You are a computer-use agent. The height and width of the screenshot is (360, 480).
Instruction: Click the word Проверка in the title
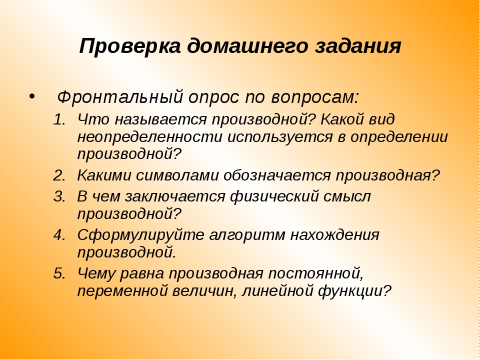[130, 46]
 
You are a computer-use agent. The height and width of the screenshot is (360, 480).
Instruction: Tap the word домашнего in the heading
[247, 46]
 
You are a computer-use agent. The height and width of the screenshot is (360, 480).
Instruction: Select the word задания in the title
[358, 46]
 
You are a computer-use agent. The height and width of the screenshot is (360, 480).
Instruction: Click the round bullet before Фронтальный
[32, 96]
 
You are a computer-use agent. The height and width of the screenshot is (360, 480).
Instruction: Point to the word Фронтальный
[120, 97]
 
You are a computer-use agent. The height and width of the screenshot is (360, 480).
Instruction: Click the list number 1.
[59, 119]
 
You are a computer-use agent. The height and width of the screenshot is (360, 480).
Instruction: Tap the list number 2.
[59, 176]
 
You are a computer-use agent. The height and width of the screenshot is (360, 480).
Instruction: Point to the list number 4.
[59, 235]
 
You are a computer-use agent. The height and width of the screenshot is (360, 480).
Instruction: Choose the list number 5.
[59, 273]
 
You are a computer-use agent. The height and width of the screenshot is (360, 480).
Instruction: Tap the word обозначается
[277, 176]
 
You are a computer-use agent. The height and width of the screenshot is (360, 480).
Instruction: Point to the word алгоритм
[246, 235]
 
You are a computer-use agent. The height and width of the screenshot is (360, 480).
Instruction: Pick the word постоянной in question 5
[315, 274]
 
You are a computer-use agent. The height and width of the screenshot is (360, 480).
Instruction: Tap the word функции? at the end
[355, 291]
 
